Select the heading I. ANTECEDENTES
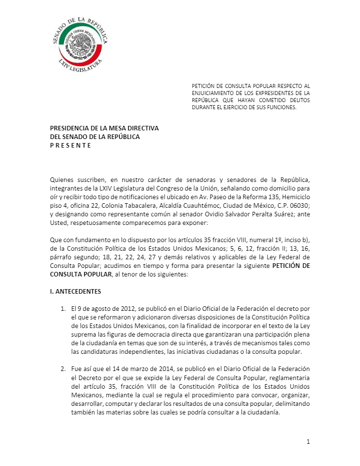(x=75, y=292)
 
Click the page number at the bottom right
(x=307, y=442)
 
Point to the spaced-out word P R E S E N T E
(x=70, y=146)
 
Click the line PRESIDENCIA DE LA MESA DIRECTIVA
(x=104, y=128)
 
